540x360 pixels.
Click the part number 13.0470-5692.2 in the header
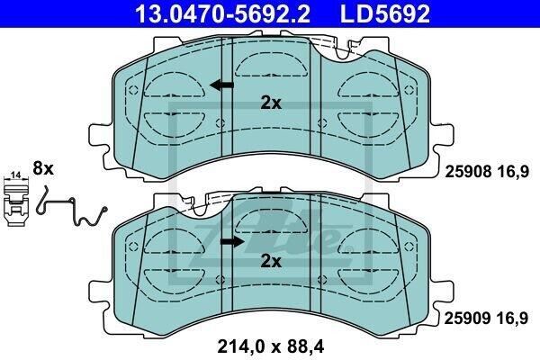click(x=223, y=13)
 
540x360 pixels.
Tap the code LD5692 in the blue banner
click(x=385, y=13)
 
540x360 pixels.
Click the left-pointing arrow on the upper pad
click(x=221, y=85)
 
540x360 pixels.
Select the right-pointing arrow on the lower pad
click(x=232, y=242)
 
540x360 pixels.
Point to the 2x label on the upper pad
click(x=271, y=103)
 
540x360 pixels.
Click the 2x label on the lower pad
click(x=271, y=261)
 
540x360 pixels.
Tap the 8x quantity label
click(x=43, y=169)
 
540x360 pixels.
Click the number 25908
click(x=468, y=172)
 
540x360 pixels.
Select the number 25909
click(x=467, y=319)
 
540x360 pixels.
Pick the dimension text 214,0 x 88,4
click(x=271, y=346)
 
